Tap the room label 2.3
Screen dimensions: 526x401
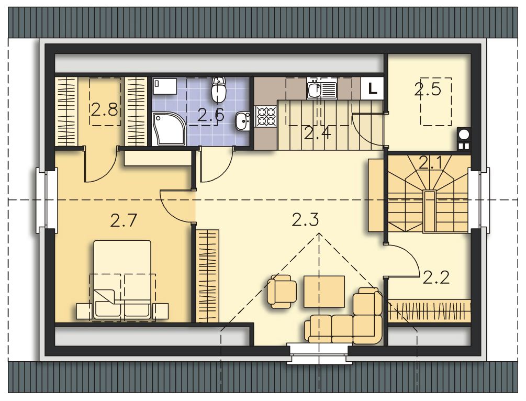coord(305,220)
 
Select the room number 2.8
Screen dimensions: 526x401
coord(105,109)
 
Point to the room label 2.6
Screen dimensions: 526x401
coord(211,115)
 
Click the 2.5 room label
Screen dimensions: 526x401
coord(428,90)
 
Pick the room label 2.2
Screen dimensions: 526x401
coord(436,277)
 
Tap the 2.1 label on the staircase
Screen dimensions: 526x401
coord(433,163)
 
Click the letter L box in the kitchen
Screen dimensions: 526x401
coord(372,88)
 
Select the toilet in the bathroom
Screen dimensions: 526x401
coord(219,90)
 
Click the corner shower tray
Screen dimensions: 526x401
coord(169,129)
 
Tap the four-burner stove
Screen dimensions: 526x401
coord(266,116)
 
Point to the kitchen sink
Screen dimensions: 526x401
coord(321,90)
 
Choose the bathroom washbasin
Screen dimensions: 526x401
coord(242,121)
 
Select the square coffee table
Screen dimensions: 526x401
coord(324,291)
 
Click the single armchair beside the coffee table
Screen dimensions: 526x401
coord(283,291)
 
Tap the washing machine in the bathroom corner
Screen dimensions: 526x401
coord(164,86)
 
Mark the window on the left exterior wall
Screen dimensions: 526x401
coord(47,201)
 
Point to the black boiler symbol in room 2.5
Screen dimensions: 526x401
coord(464,139)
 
